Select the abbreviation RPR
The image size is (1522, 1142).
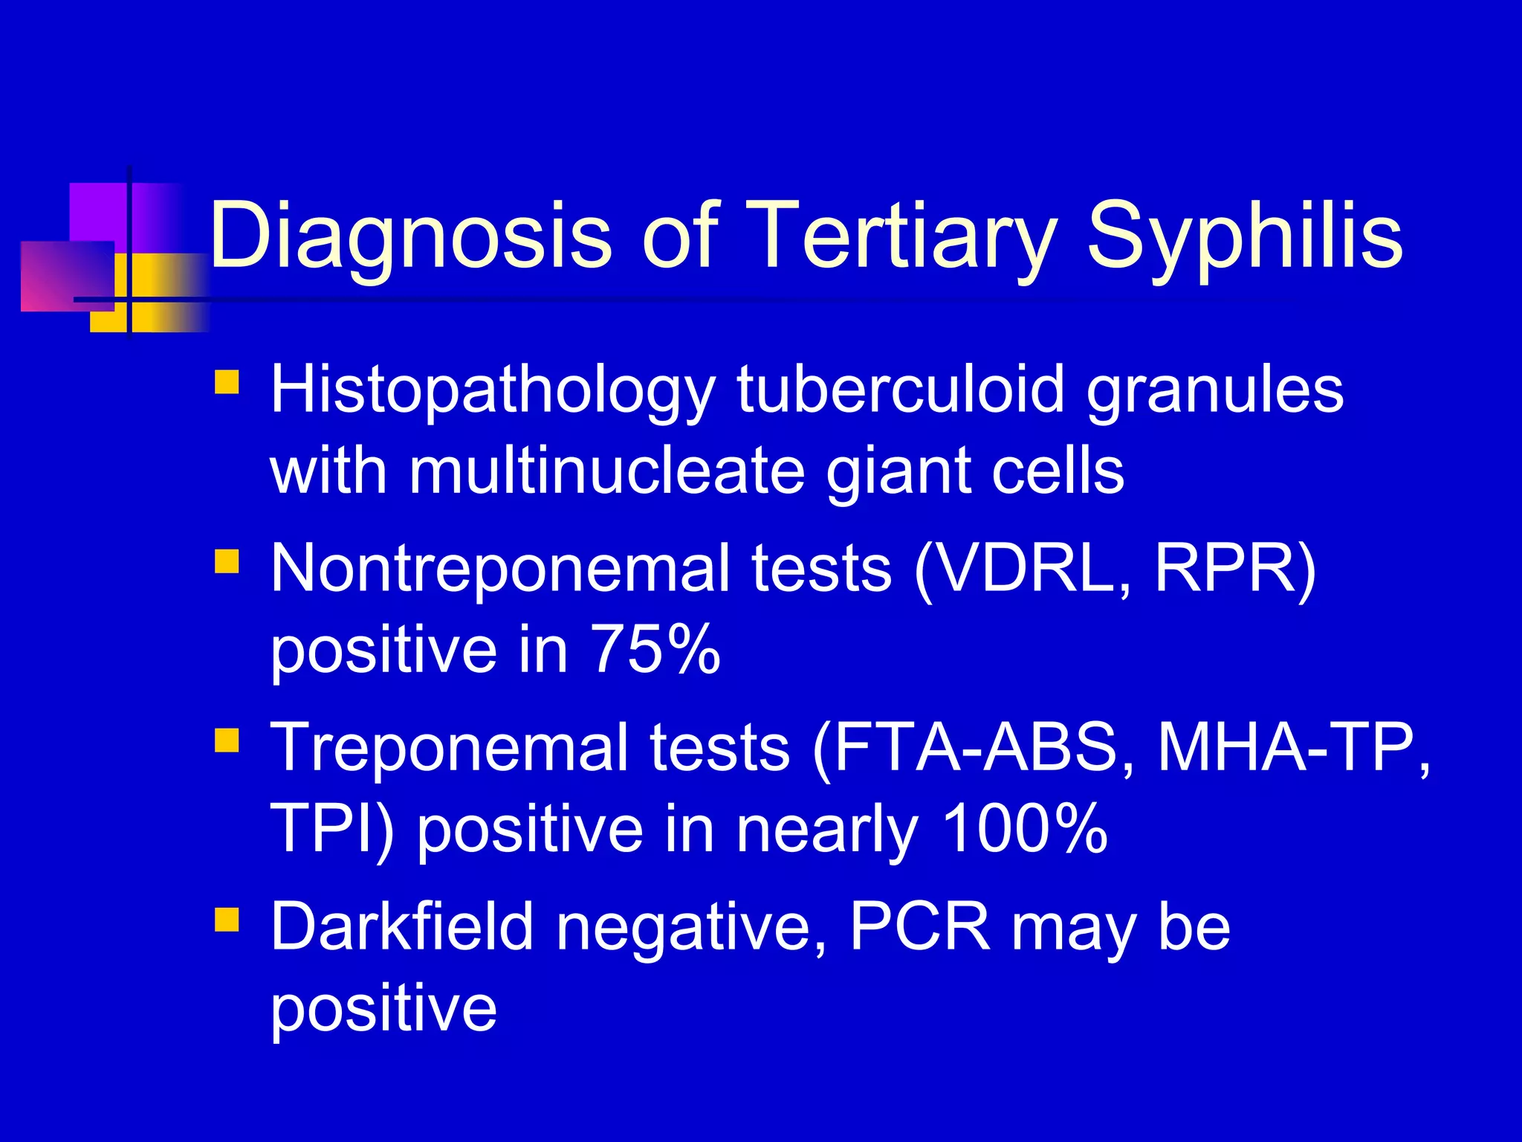point(1226,570)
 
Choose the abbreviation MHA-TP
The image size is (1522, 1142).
point(1286,748)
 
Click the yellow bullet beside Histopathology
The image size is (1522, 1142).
point(227,382)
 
